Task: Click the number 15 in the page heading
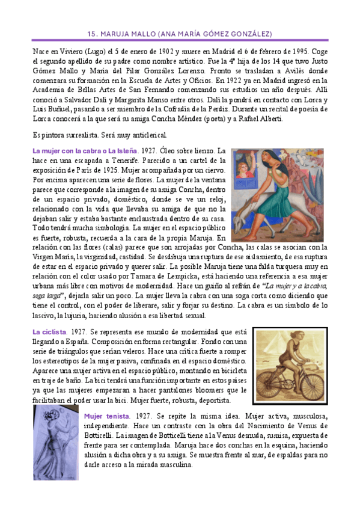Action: [92, 34]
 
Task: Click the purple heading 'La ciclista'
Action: [50, 332]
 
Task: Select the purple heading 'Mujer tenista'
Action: [106, 416]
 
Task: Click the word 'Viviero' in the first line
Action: [78, 52]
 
